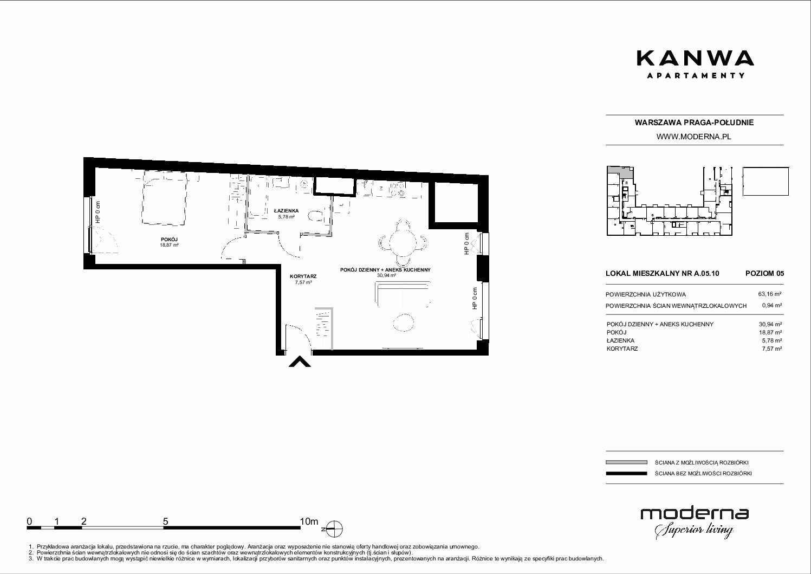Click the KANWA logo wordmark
point(695,58)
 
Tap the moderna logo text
point(695,514)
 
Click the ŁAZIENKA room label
point(286,211)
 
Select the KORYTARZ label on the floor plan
point(303,276)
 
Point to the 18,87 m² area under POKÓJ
point(170,245)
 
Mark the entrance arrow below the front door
point(300,362)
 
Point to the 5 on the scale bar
point(165,521)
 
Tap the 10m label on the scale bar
point(309,521)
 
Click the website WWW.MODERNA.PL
point(694,137)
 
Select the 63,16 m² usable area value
point(770,294)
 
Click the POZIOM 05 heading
point(764,273)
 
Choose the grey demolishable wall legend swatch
point(626,462)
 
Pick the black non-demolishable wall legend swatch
point(626,473)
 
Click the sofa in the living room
point(403,293)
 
